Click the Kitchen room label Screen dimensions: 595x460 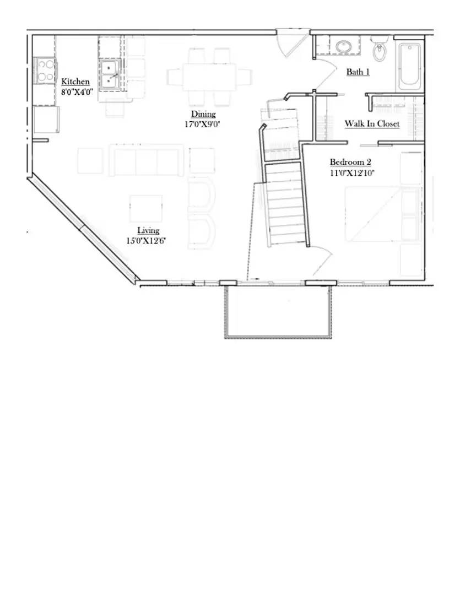tap(75, 82)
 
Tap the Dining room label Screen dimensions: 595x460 tap(203, 114)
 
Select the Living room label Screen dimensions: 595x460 tap(148, 230)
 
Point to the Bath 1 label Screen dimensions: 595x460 tap(358, 72)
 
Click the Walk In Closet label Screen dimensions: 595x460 tap(372, 123)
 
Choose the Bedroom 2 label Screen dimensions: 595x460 tap(350, 162)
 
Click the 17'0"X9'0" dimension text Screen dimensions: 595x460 tap(203, 125)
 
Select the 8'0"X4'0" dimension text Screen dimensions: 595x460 tap(77, 92)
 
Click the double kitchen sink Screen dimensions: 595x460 tap(110, 74)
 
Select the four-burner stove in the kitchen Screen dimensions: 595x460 tap(45, 71)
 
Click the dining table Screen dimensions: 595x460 tap(202, 77)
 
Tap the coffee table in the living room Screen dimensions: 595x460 tap(146, 208)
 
